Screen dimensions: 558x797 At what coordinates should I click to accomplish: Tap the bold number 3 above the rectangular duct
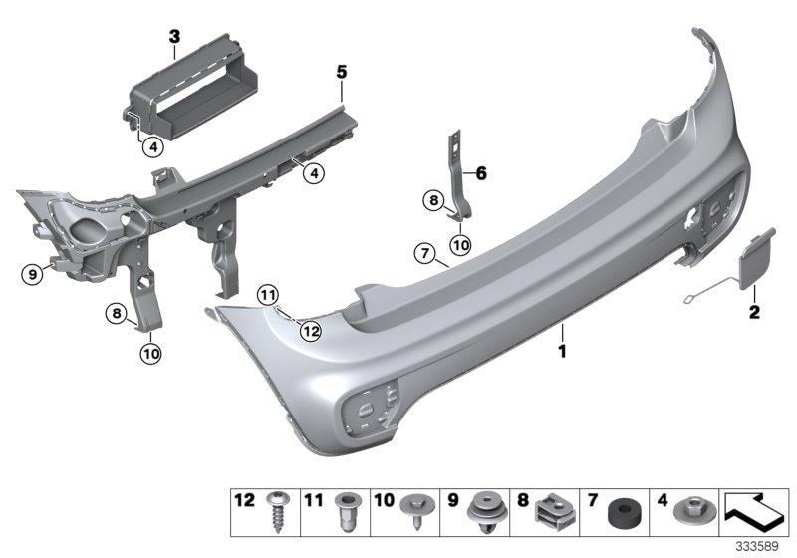pyautogui.click(x=174, y=38)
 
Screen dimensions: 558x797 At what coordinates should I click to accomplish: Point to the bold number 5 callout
pyautogui.click(x=341, y=72)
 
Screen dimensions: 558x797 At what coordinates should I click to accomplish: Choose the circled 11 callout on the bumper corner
pyautogui.click(x=266, y=294)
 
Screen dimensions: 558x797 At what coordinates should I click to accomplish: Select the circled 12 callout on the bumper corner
pyautogui.click(x=311, y=331)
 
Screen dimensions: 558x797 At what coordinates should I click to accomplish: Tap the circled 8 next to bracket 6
pyautogui.click(x=434, y=200)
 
